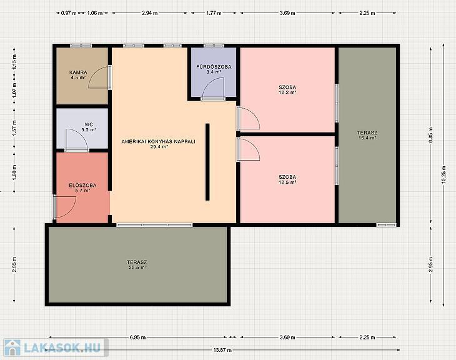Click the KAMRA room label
click(78, 72)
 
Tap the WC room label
click(89, 124)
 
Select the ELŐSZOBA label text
click(82, 186)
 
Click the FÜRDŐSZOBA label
click(214, 67)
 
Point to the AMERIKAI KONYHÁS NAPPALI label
click(159, 142)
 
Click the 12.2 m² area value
click(287, 92)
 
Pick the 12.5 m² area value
click(287, 182)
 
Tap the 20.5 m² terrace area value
click(137, 267)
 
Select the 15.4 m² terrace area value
click(367, 138)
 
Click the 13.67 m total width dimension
click(223, 350)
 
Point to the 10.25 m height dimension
click(444, 174)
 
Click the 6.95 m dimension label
click(138, 337)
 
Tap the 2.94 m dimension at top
click(150, 13)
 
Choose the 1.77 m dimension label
click(214, 13)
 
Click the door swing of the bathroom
click(213, 89)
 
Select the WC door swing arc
click(77, 140)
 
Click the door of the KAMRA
click(99, 77)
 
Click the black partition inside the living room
click(207, 162)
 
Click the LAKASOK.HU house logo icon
click(12, 347)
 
